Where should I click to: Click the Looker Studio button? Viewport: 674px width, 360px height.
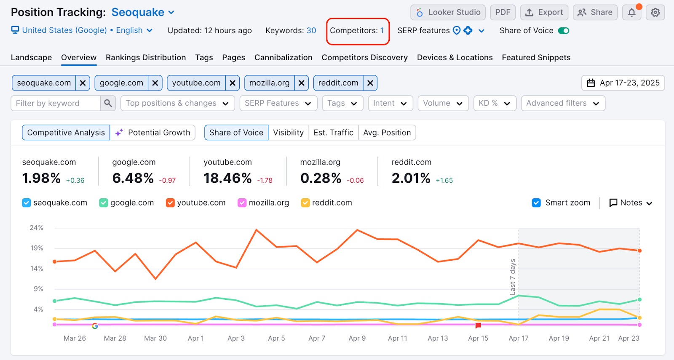click(448, 12)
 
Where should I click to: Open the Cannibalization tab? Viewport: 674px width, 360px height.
click(283, 57)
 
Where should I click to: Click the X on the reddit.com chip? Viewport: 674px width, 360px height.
click(370, 83)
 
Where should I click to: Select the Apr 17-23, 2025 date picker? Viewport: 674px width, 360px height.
click(623, 83)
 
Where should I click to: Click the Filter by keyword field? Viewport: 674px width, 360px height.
click(56, 103)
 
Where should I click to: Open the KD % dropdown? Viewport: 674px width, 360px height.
click(495, 103)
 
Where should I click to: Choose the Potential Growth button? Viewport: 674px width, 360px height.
click(152, 133)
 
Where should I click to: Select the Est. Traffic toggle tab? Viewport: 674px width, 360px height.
click(333, 133)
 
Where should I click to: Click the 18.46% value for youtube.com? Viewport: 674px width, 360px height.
click(227, 178)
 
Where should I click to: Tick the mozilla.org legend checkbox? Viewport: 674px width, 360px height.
click(242, 203)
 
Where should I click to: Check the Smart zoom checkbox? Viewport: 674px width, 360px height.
click(536, 203)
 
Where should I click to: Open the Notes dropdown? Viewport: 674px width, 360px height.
click(631, 203)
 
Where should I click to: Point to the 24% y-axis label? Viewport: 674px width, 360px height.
click(36, 228)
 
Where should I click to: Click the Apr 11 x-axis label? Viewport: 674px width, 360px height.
click(397, 338)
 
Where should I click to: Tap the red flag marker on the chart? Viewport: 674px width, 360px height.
click(478, 325)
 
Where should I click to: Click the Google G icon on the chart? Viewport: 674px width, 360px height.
click(95, 326)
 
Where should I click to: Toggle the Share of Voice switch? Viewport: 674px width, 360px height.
click(563, 30)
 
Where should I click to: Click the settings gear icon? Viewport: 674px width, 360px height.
click(655, 13)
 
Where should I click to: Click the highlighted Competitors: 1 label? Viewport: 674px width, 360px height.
click(357, 31)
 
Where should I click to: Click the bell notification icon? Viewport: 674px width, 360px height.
click(631, 13)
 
